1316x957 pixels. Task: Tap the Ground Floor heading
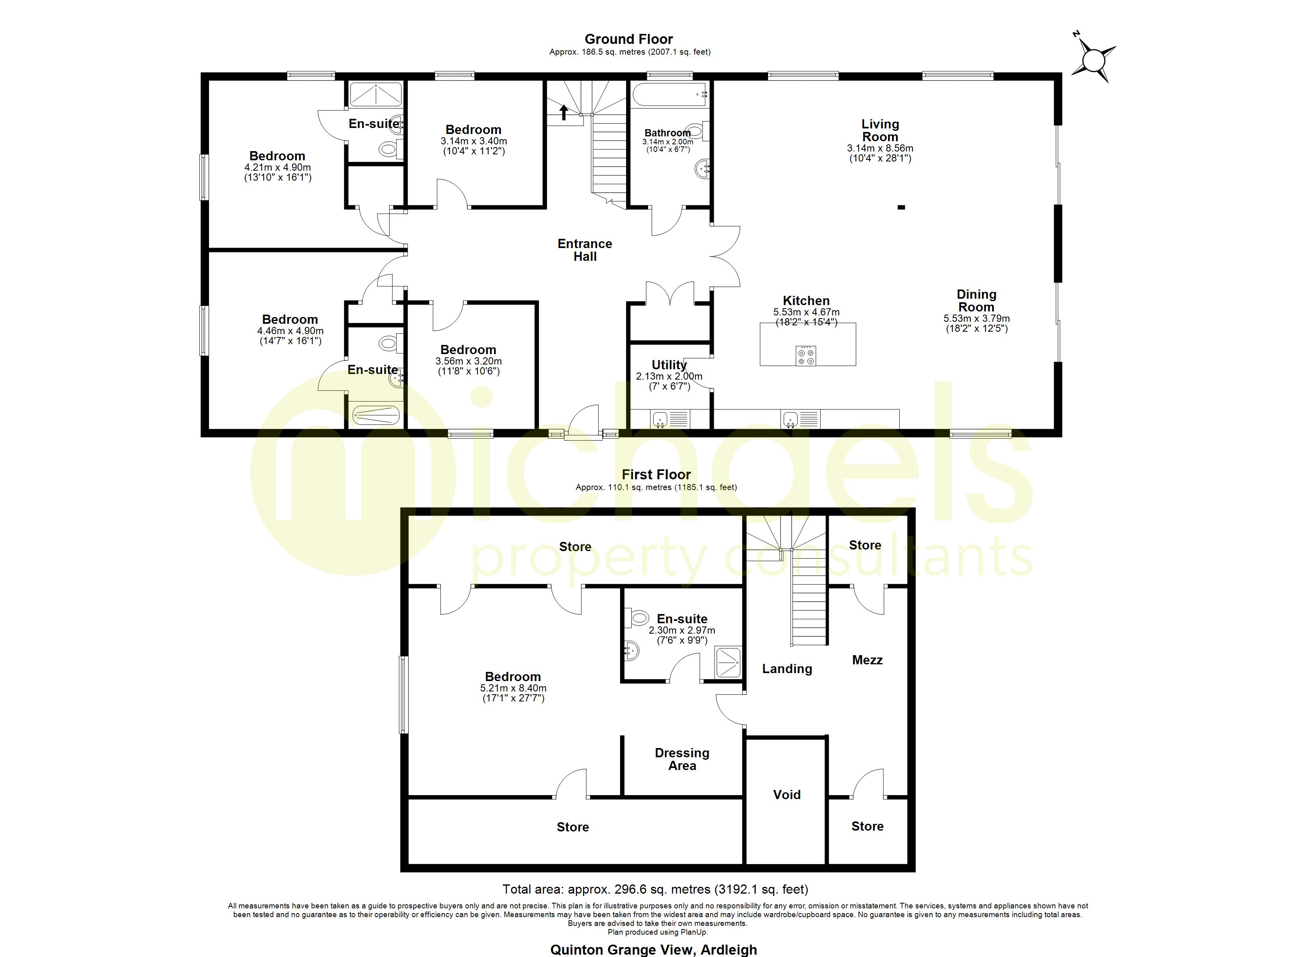tap(628, 39)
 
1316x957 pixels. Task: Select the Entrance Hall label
tap(585, 250)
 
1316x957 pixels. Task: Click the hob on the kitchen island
tap(806, 356)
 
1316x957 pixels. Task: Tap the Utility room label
tap(669, 365)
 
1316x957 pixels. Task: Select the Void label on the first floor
tap(787, 794)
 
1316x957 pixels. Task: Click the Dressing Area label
tap(682, 759)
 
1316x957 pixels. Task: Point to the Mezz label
tap(867, 660)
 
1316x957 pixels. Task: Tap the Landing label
tap(787, 669)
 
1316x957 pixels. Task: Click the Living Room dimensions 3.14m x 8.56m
tap(880, 148)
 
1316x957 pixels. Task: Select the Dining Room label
tap(977, 301)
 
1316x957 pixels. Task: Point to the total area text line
tap(655, 889)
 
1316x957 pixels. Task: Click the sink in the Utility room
tap(660, 419)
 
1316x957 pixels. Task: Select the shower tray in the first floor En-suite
tap(728, 662)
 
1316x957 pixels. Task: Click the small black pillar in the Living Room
tap(901, 207)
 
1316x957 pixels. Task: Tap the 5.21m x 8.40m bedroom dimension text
tap(513, 688)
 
